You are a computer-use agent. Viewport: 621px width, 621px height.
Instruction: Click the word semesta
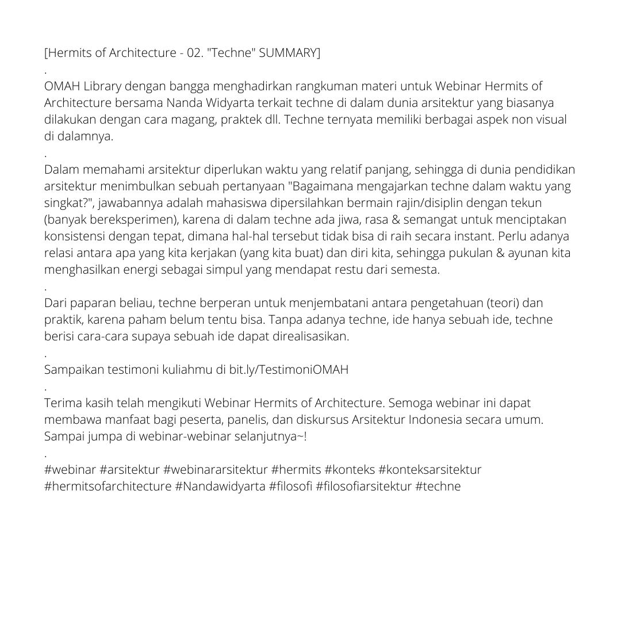(x=414, y=270)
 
